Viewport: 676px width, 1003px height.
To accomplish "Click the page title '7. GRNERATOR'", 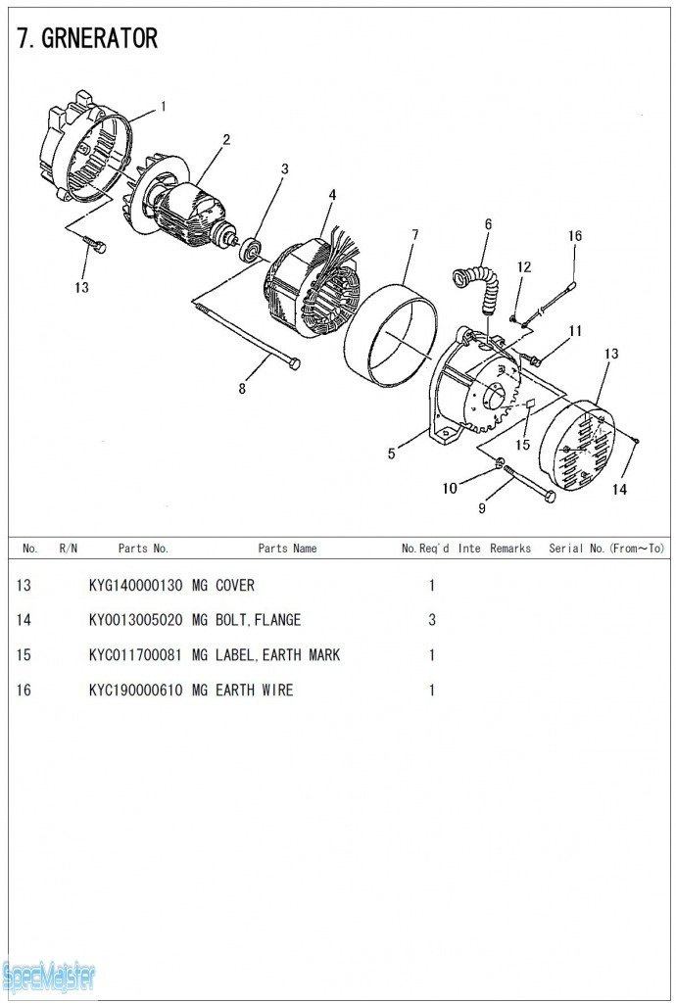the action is coord(87,39).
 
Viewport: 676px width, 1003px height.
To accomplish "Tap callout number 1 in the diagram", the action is coord(163,106).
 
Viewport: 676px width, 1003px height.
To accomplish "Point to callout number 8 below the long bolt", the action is coord(242,388).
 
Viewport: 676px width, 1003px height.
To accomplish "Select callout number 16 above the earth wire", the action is coord(575,236).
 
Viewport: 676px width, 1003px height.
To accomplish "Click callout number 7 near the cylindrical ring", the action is coord(415,235).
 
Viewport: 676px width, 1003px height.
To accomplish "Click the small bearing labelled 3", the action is coord(250,248).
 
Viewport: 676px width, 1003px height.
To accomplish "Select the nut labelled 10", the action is coord(500,462).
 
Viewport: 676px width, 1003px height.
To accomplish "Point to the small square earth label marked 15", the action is coord(530,405).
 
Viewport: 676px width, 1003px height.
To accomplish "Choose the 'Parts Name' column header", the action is coord(287,549).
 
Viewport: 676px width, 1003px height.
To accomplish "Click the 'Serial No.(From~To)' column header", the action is coord(606,549).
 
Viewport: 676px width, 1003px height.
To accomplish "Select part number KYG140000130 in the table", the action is coord(135,586).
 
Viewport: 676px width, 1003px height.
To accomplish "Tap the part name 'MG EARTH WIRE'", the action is coord(242,691).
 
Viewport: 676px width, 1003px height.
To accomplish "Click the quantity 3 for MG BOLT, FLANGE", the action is coord(432,620).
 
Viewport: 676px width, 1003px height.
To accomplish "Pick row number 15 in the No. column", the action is coord(24,655).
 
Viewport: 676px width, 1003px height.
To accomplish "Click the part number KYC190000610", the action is coord(135,691).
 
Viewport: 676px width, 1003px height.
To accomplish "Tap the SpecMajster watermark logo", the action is coord(48,978).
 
